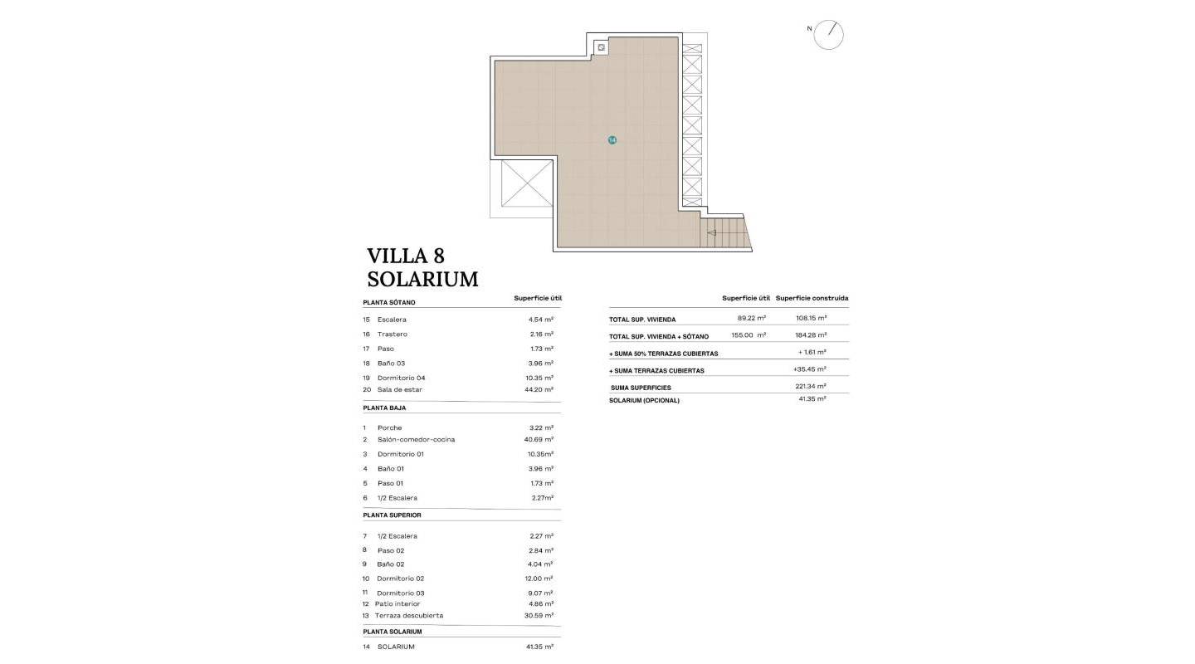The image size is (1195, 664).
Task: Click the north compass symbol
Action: click(x=828, y=35)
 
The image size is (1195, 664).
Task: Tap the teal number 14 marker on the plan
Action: click(x=612, y=140)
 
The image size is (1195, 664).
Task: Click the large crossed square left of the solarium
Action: click(x=527, y=184)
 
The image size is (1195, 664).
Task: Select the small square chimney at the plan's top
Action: click(x=600, y=48)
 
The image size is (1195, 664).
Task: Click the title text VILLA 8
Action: click(x=406, y=256)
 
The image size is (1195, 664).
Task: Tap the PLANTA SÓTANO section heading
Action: click(x=389, y=303)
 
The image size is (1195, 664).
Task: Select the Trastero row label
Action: click(x=392, y=334)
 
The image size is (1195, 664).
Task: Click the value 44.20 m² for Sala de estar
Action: click(x=541, y=389)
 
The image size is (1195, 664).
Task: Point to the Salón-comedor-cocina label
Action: click(x=416, y=440)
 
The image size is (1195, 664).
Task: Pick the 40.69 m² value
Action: click(x=541, y=440)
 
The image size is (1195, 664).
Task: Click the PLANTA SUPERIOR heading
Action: click(x=392, y=515)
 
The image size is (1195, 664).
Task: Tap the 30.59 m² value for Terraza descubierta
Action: click(x=541, y=616)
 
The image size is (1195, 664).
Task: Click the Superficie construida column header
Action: click(x=812, y=298)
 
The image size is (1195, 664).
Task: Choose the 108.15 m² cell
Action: click(x=810, y=319)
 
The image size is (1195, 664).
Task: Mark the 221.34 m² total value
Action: click(x=810, y=387)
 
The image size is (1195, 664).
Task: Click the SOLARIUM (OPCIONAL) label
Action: click(x=644, y=401)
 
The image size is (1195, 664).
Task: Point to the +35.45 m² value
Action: click(x=809, y=369)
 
